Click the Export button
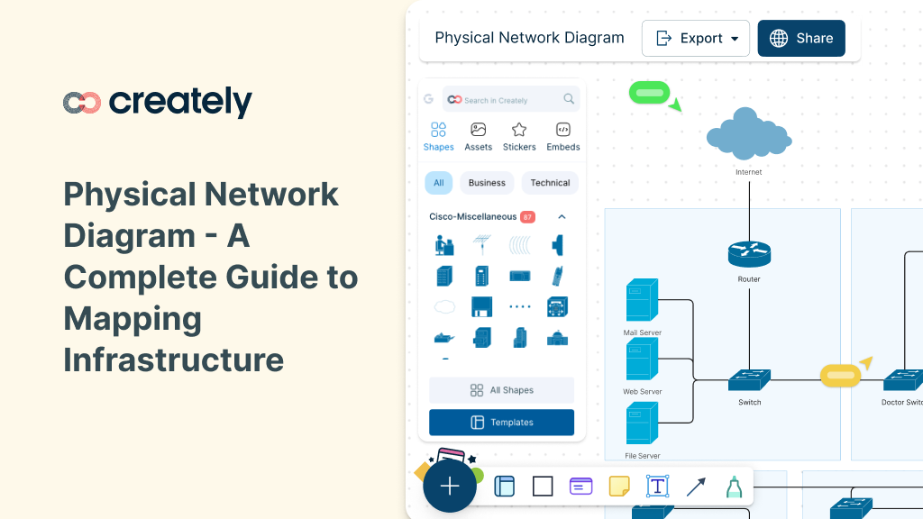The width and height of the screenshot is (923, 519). coord(695,39)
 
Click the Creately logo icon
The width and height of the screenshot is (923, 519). coord(82,103)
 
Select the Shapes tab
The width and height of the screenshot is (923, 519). coord(438,136)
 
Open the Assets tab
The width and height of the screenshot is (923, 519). coord(478,136)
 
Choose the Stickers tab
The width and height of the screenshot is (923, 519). coord(519,136)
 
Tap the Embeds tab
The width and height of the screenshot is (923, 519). coord(563,136)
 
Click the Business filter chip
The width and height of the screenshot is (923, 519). coord(487,183)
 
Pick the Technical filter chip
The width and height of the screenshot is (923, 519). coord(550,183)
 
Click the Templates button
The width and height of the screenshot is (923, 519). coord(501,423)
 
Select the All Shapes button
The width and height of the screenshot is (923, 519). coord(501,390)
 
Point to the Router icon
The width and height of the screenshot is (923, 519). coord(749,254)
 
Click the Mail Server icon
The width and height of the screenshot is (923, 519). coord(642,301)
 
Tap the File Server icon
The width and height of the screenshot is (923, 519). coord(642,424)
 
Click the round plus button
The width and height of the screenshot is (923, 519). coord(450,487)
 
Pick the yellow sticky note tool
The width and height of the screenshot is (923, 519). coord(619,487)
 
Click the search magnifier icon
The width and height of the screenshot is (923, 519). coord(569,99)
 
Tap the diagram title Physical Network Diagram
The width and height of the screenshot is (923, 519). coord(529,38)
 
